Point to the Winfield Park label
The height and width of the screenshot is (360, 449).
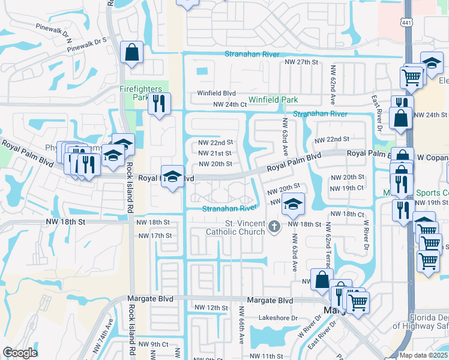tap(273, 100)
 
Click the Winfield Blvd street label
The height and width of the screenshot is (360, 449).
tap(217, 94)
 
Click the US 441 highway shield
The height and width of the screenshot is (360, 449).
tap(406, 21)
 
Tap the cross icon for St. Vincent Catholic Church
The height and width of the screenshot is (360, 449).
tap(274, 226)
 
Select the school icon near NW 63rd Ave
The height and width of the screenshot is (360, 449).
tap(293, 204)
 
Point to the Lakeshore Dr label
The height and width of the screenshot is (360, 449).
tap(278, 318)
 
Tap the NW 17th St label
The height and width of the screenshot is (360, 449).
tap(155, 236)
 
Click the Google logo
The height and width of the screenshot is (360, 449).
tap(20, 353)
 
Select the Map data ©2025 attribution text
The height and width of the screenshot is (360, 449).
tap(424, 355)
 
